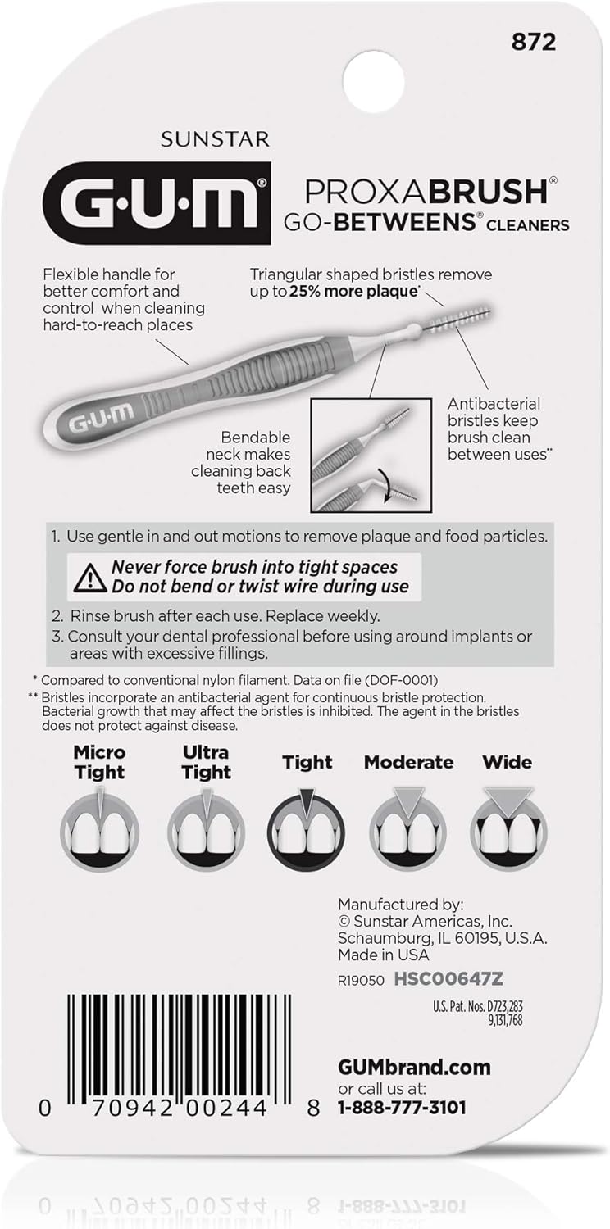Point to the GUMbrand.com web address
point(414,1067)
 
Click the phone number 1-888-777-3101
point(402,1107)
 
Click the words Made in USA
point(383,955)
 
